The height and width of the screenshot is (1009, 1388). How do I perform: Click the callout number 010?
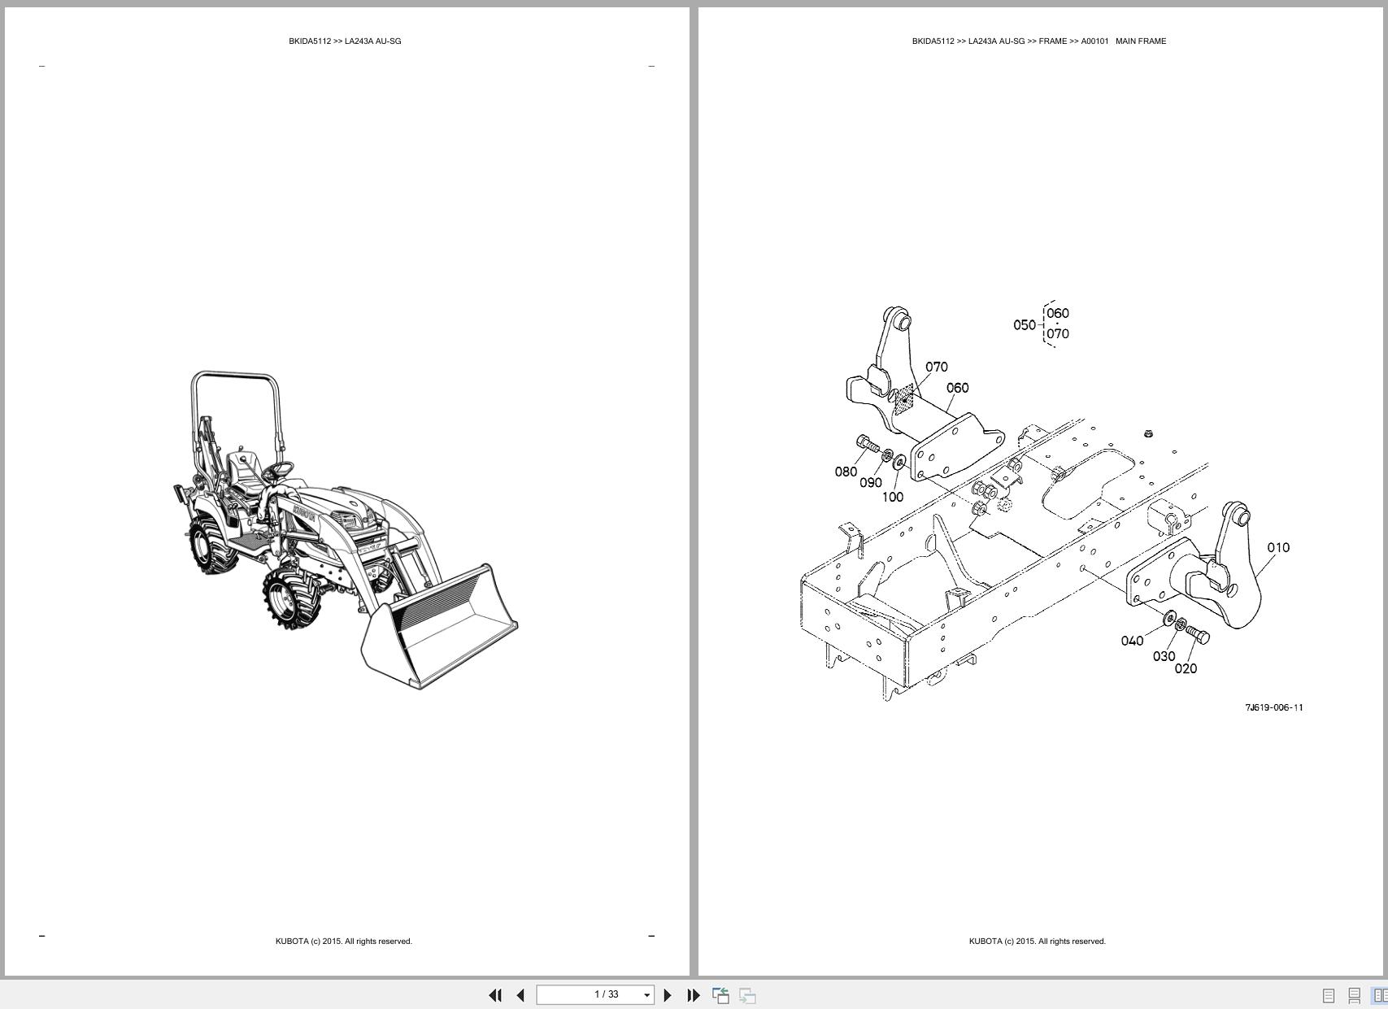click(x=1278, y=547)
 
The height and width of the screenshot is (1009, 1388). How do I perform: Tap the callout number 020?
click(x=1186, y=669)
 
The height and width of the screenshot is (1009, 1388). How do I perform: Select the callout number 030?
click(x=1164, y=655)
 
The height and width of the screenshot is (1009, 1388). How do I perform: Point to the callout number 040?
click(x=1132, y=641)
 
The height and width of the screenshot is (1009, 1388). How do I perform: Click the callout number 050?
click(x=1025, y=324)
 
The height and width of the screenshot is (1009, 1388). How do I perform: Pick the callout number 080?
click(x=846, y=472)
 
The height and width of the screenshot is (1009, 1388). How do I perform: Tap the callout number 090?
click(x=871, y=483)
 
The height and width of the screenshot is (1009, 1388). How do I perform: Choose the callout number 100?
click(x=893, y=497)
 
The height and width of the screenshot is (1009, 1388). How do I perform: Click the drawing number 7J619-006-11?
click(x=1274, y=707)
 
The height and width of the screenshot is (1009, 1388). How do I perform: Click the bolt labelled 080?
click(x=868, y=444)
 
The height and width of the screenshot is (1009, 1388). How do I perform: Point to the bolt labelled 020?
click(x=1197, y=634)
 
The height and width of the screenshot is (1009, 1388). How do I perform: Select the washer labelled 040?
click(x=1169, y=618)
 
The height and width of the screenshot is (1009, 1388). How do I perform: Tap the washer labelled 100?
click(x=899, y=462)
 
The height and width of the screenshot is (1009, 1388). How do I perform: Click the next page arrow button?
click(x=668, y=994)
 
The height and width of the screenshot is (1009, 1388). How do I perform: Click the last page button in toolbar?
click(x=694, y=994)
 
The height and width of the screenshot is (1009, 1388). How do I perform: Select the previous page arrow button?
click(x=520, y=994)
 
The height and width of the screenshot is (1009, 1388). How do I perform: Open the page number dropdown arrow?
click(x=647, y=995)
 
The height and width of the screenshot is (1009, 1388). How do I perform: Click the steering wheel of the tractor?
click(x=280, y=468)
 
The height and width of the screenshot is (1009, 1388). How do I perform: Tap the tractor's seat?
click(x=243, y=474)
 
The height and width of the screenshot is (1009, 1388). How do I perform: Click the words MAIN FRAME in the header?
click(x=1141, y=41)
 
